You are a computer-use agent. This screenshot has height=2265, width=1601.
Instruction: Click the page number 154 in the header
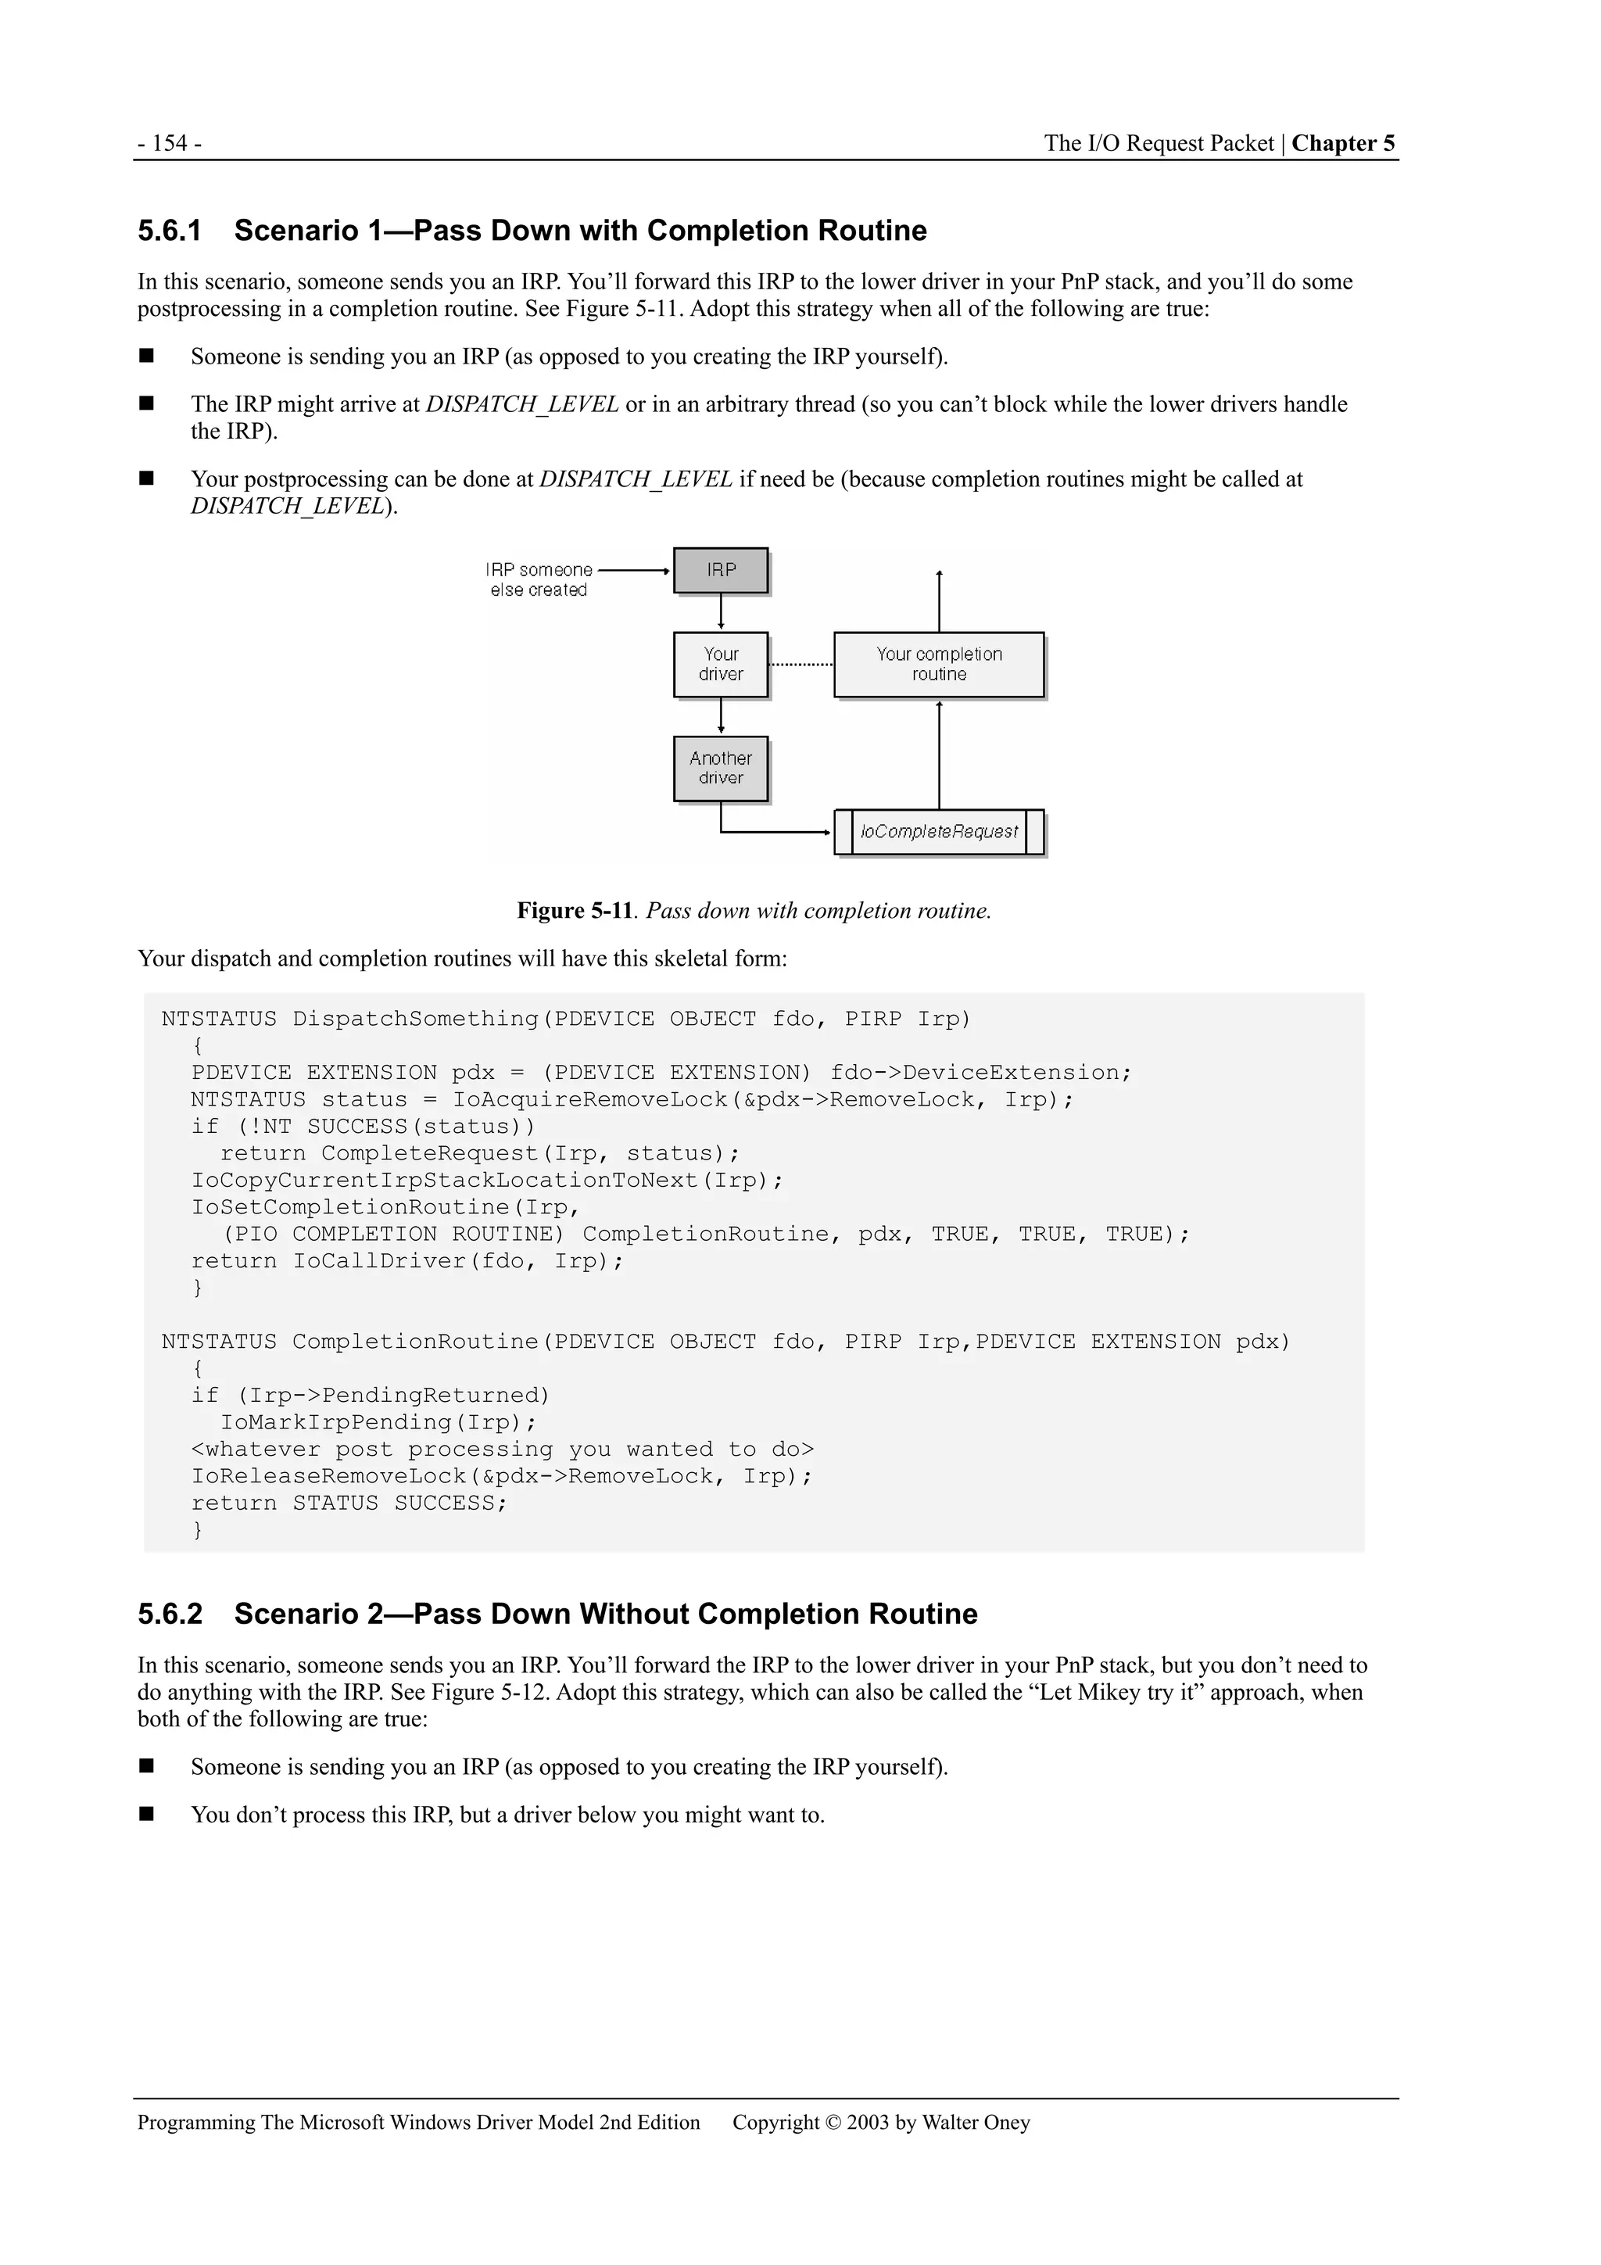(170, 143)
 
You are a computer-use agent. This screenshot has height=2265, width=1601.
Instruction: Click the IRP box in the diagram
(720, 570)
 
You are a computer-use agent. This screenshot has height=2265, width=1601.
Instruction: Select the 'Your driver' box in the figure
(720, 664)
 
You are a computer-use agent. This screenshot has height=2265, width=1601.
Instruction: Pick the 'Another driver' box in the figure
(720, 769)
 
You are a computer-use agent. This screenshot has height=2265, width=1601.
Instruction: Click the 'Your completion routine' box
(938, 664)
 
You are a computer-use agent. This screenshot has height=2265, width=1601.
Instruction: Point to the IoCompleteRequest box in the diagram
(938, 832)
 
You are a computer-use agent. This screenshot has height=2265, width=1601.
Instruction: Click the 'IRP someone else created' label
(539, 580)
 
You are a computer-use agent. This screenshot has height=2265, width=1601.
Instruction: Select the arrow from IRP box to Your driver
(721, 611)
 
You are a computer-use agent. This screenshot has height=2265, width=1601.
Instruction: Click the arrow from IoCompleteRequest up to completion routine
(939, 754)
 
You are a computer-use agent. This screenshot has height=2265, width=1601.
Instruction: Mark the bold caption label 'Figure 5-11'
(574, 911)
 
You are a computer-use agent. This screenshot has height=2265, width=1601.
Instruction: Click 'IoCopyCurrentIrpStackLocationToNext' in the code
(444, 1181)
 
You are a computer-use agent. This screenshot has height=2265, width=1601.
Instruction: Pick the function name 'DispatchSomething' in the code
(415, 1019)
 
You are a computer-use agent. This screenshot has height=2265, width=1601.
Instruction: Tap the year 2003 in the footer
(867, 2122)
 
